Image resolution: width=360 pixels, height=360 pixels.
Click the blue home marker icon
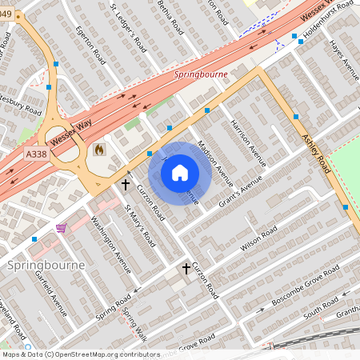[180, 172]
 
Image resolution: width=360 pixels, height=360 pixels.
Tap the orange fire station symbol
[99, 149]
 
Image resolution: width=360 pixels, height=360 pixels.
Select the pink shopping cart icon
[61, 228]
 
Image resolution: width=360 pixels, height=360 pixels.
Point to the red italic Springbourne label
[201, 74]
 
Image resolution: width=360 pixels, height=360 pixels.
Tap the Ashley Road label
[316, 153]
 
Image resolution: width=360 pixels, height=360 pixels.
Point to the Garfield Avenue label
[51, 293]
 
